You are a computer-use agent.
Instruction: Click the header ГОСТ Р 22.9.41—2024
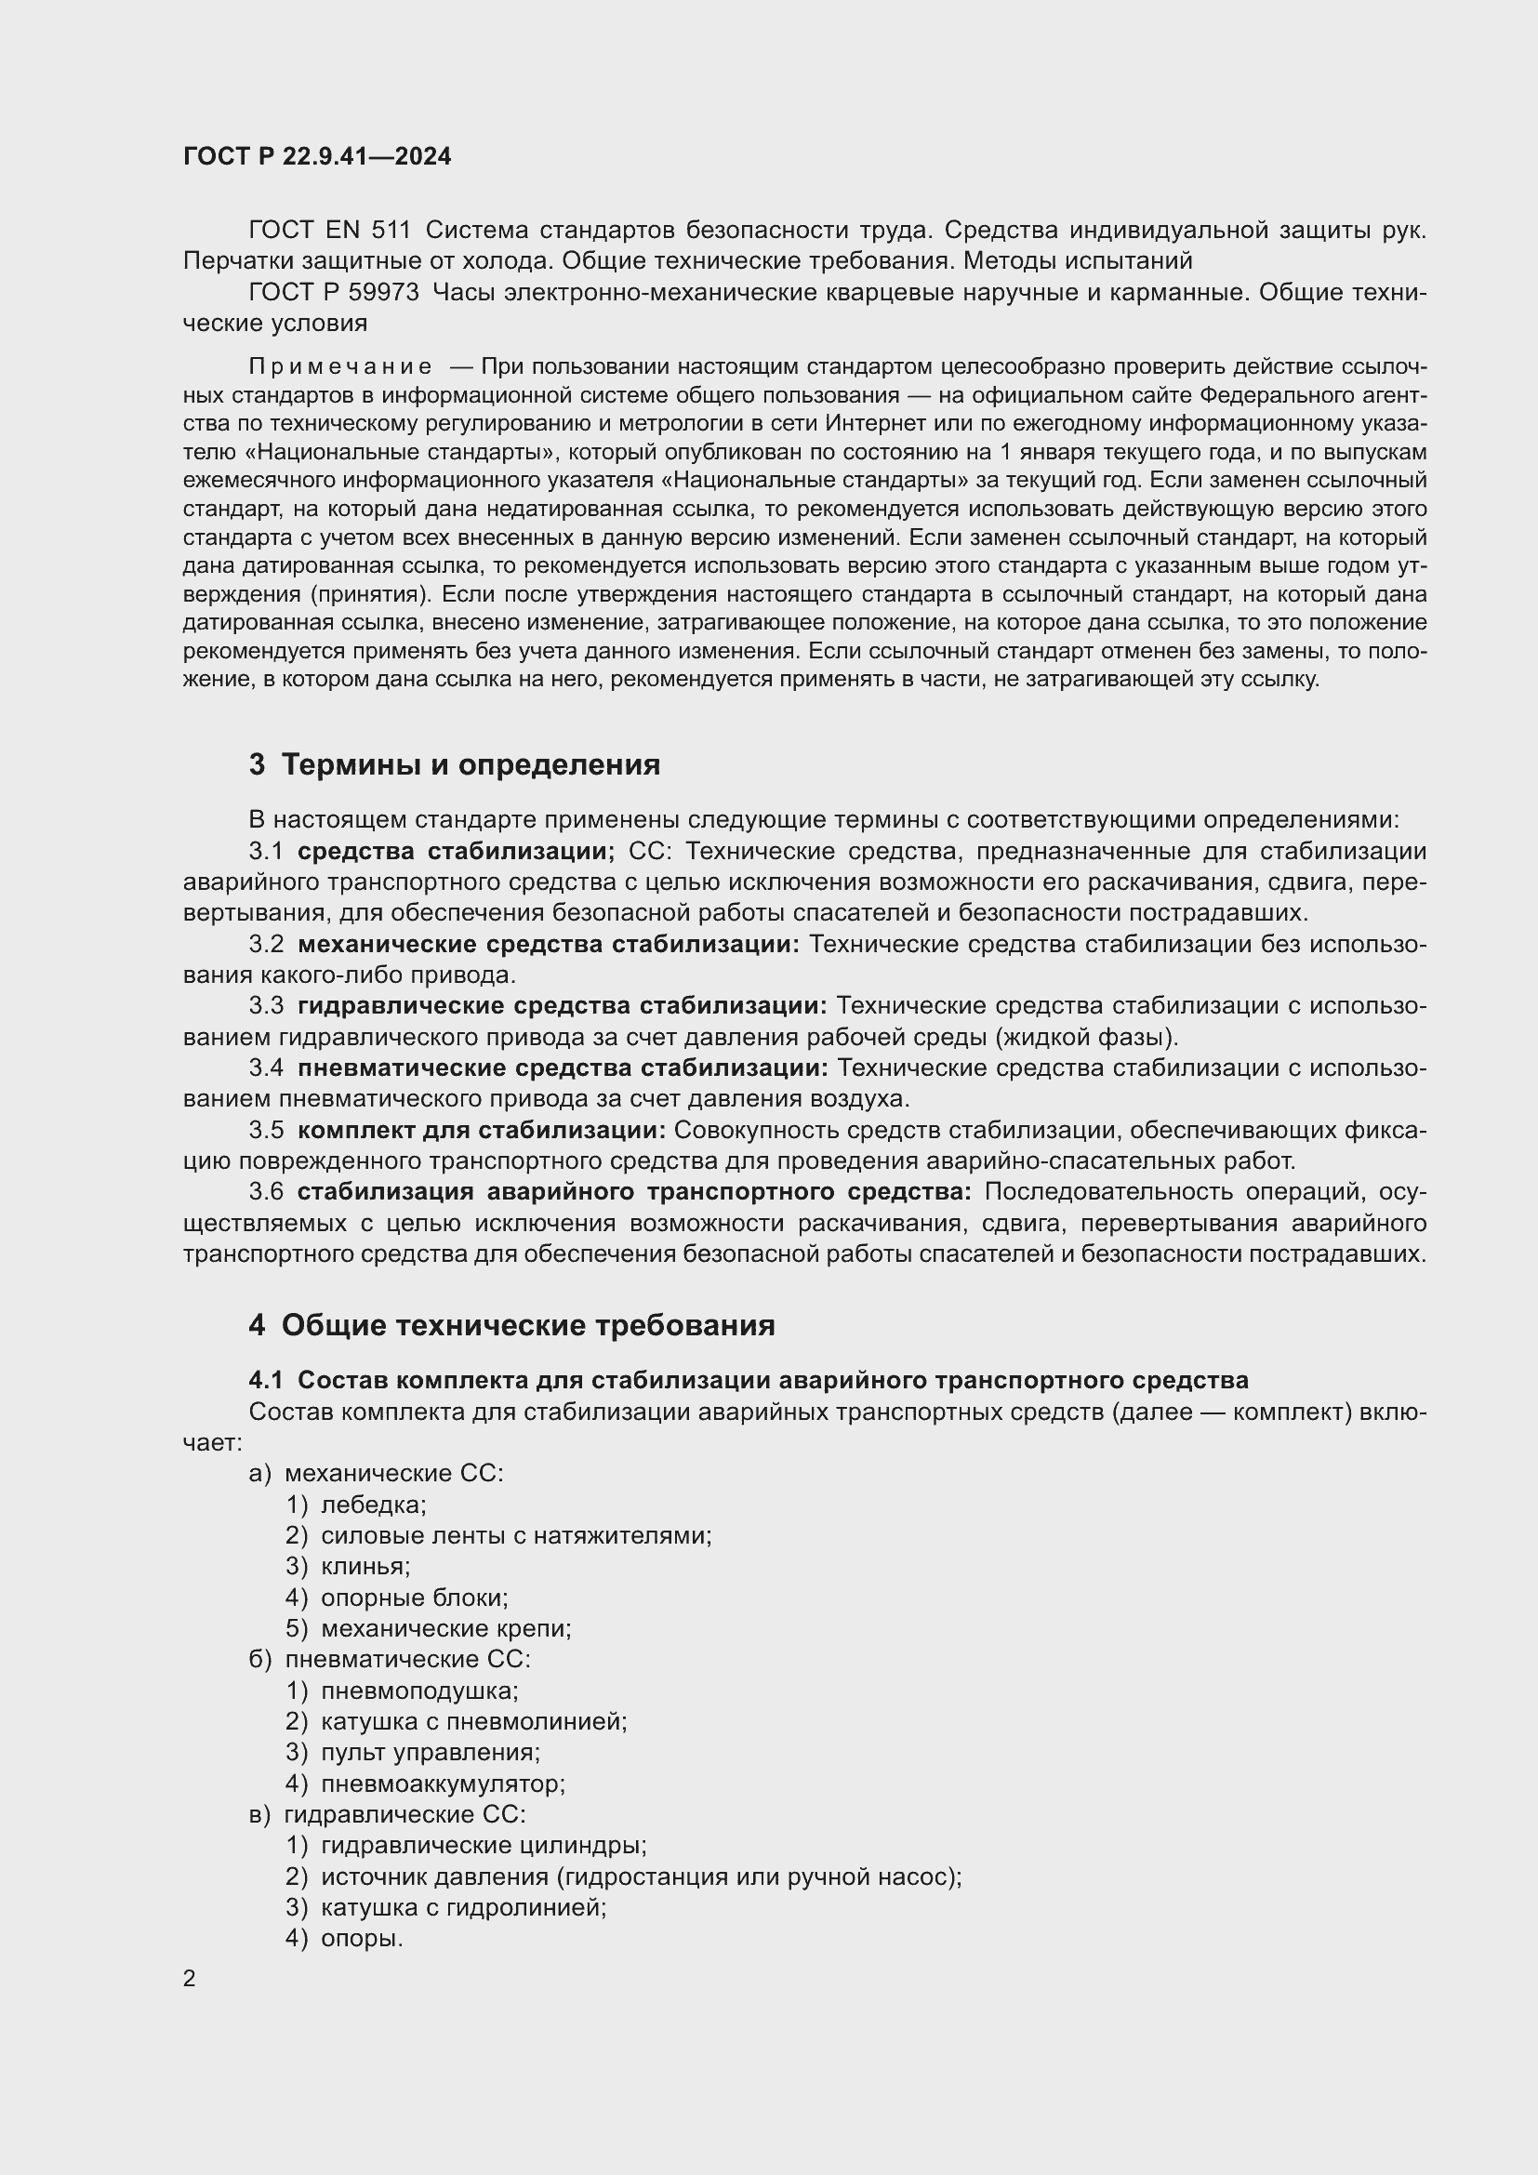[x=317, y=156]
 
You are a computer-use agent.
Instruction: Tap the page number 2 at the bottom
[x=190, y=1978]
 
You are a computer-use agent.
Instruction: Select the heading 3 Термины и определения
[x=455, y=764]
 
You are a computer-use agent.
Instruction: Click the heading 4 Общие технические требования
[x=511, y=1325]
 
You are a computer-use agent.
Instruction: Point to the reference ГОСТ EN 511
[x=329, y=231]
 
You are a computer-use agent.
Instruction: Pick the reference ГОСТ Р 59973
[x=334, y=293]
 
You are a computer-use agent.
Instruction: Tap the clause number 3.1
[x=266, y=852]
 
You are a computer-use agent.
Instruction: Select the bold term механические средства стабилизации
[x=549, y=945]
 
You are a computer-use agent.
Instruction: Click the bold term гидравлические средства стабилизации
[x=563, y=1006]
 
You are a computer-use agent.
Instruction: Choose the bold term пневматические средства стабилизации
[x=563, y=1068]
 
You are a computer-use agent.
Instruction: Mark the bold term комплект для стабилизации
[x=482, y=1130]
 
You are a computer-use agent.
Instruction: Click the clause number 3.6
[x=266, y=1192]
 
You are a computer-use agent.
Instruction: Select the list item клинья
[x=365, y=1567]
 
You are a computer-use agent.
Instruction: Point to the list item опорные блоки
[x=414, y=1598]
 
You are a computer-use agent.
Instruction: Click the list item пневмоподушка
[x=419, y=1691]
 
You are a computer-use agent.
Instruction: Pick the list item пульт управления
[x=430, y=1753]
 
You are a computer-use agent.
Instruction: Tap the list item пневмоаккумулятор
[x=443, y=1784]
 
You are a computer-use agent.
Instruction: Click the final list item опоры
[x=362, y=1938]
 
